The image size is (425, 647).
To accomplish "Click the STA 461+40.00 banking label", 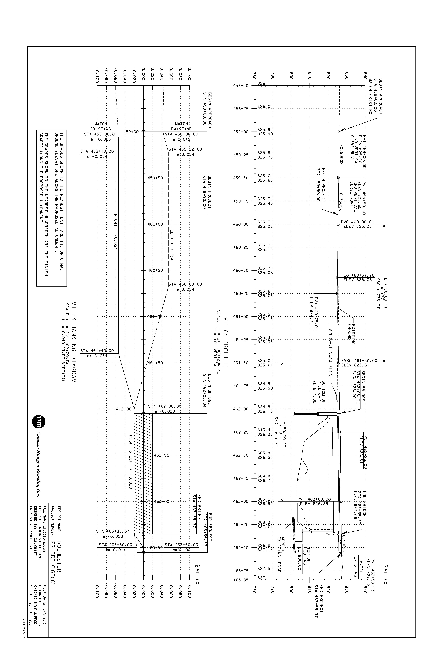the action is [97, 351].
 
